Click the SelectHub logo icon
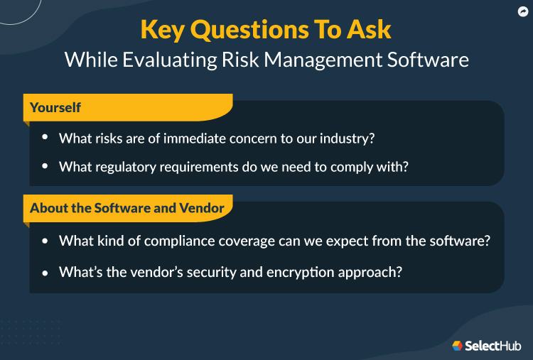pyautogui.click(x=457, y=346)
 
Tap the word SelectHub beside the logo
pyautogui.click(x=492, y=346)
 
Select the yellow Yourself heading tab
pyautogui.click(x=55, y=108)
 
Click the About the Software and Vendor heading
pyautogui.click(x=127, y=208)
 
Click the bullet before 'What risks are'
pyautogui.click(x=45, y=138)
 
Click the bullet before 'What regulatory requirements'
pyautogui.click(x=45, y=166)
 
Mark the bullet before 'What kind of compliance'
pyautogui.click(x=45, y=241)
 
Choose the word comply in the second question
pyautogui.click(x=364, y=167)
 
